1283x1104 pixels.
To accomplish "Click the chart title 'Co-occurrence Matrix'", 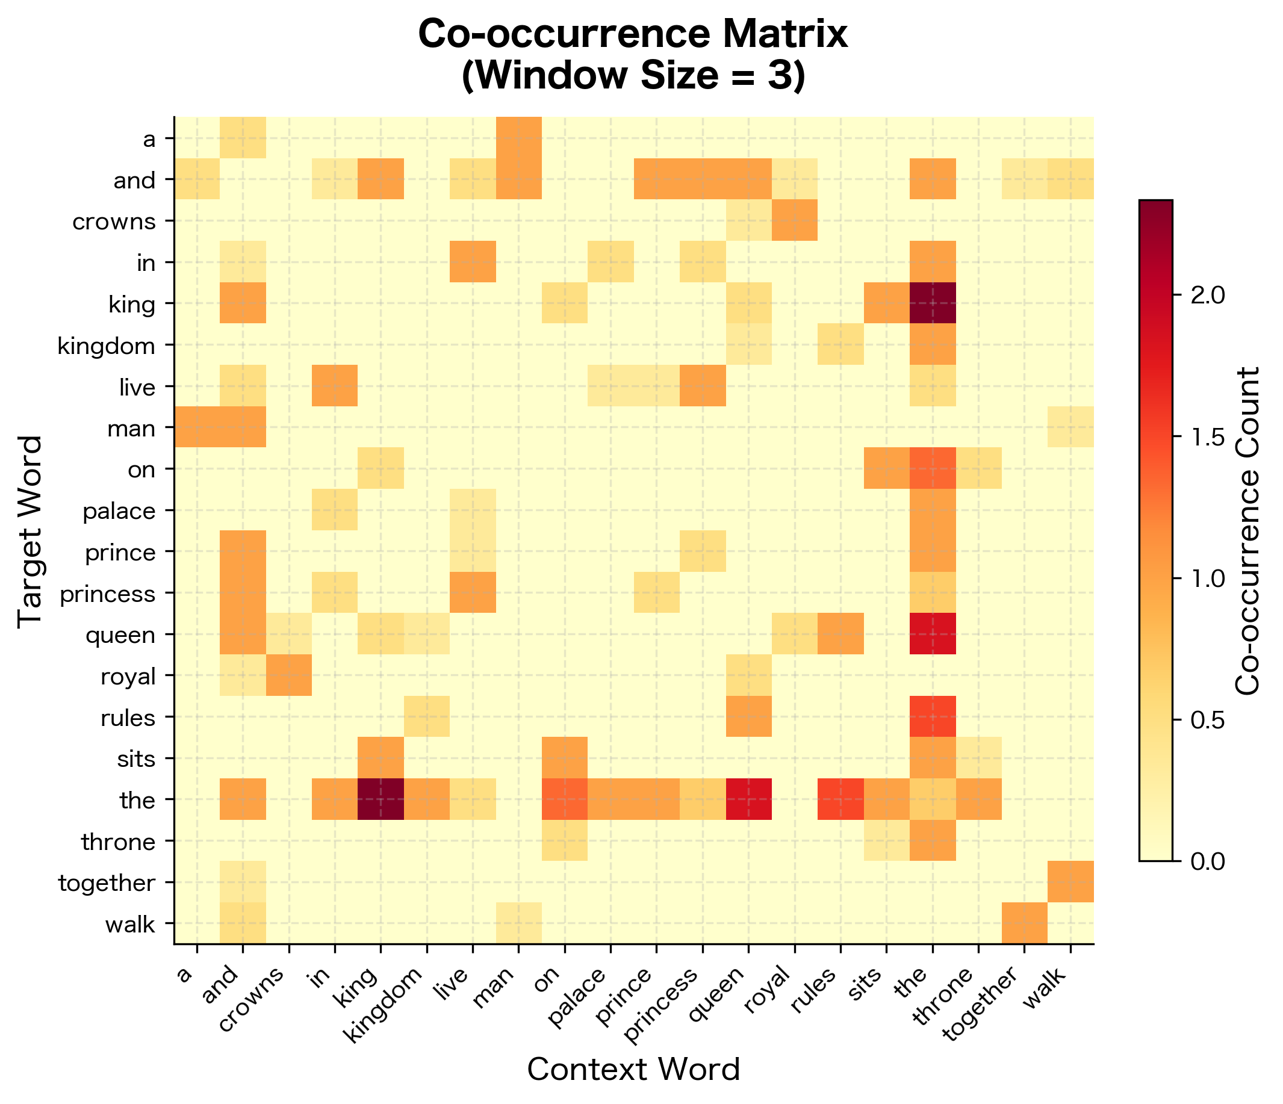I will (633, 35).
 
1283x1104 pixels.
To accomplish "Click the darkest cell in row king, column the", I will (933, 303).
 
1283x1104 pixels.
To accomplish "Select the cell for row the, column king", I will (381, 799).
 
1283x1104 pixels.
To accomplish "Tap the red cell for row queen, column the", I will (933, 634).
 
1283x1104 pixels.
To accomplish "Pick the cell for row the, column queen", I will (748, 799).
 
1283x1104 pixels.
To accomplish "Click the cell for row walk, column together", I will (1024, 923).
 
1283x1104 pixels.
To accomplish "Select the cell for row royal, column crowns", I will (289, 675).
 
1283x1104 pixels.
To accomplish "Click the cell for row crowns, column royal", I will (795, 220).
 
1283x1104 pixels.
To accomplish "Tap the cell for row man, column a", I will (197, 427).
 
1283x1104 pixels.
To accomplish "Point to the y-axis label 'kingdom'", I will (106, 346).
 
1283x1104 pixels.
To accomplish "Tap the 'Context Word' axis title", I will (633, 1069).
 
